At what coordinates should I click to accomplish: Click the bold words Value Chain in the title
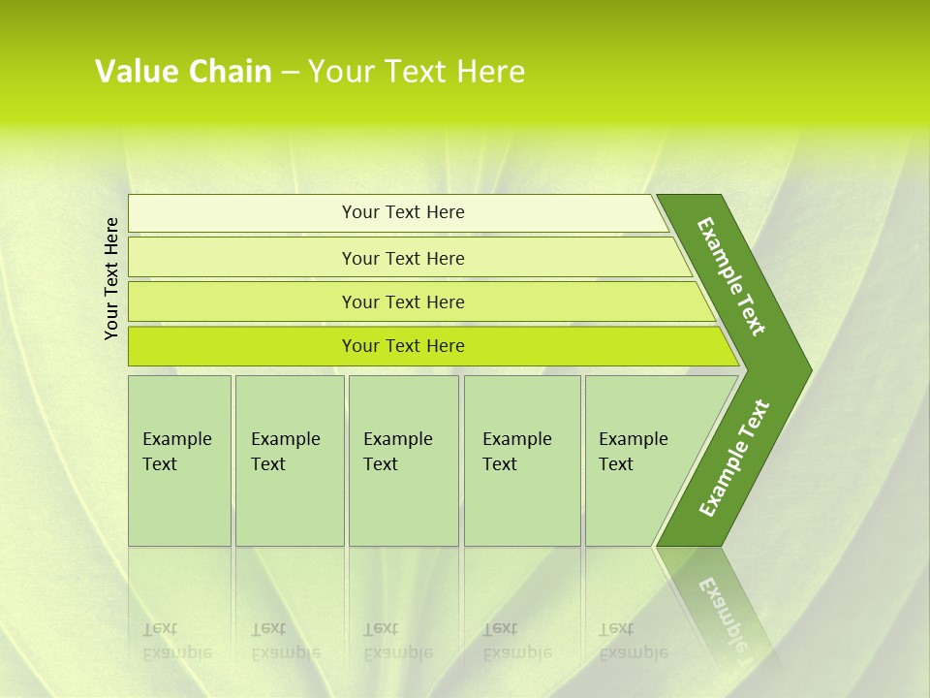click(x=183, y=72)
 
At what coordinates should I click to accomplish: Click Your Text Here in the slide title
click(x=417, y=72)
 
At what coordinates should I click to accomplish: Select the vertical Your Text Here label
click(x=111, y=278)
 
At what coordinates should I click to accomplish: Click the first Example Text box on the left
click(x=179, y=460)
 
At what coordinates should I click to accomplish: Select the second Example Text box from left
click(x=289, y=460)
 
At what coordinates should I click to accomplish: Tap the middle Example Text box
click(x=403, y=460)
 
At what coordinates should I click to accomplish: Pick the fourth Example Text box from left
click(x=522, y=460)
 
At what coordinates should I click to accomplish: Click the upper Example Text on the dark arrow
click(x=732, y=276)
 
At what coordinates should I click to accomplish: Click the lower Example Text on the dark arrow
click(x=734, y=459)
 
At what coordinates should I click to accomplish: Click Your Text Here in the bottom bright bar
click(x=403, y=346)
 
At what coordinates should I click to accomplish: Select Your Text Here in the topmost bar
click(x=403, y=212)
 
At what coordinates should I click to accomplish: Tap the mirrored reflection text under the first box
click(x=176, y=641)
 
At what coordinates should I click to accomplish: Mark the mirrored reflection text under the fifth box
click(x=633, y=641)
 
